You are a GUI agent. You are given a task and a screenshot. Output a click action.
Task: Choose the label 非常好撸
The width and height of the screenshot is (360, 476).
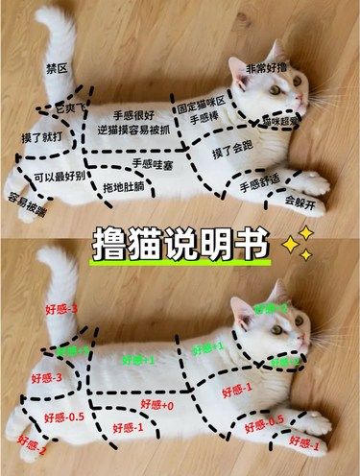click(x=266, y=70)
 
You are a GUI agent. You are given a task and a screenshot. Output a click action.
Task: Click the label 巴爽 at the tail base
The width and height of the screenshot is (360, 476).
click(x=67, y=109)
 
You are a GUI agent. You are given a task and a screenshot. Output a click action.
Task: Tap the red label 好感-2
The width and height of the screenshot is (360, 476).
click(x=32, y=443)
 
